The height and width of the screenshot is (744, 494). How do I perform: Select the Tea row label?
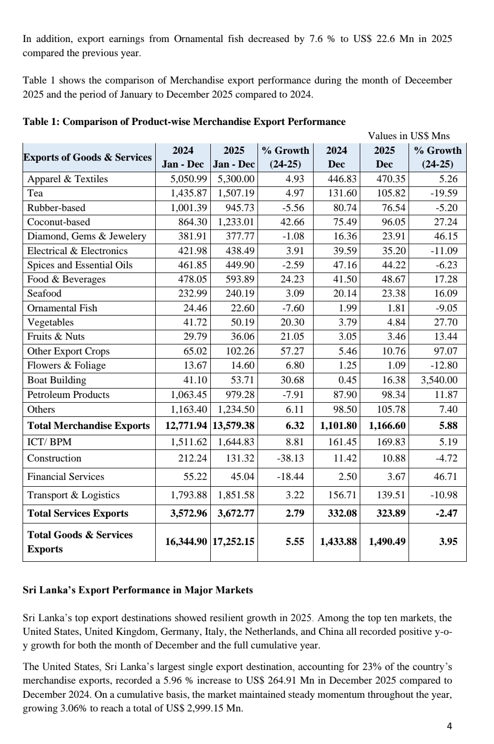click(x=35, y=193)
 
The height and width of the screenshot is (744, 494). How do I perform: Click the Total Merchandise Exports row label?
click(x=88, y=425)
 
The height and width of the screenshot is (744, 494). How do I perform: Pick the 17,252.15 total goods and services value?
click(x=233, y=541)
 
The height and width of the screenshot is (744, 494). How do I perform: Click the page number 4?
click(x=449, y=727)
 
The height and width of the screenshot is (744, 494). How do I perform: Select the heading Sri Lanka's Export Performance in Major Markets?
click(x=137, y=590)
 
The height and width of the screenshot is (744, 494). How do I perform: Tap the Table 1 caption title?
click(x=184, y=122)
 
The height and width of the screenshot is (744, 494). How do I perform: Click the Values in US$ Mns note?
click(x=409, y=136)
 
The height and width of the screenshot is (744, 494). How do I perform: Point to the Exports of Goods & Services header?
click(x=88, y=158)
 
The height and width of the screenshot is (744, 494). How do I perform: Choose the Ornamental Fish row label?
click(x=62, y=308)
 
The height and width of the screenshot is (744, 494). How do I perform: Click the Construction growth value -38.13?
click(x=290, y=458)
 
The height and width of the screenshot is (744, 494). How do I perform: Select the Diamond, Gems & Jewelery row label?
click(x=87, y=236)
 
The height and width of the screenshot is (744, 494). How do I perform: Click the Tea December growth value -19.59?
click(x=444, y=193)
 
